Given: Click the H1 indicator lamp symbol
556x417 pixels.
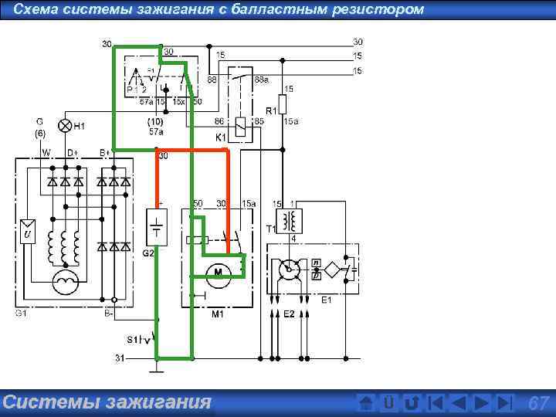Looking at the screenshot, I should [66, 125].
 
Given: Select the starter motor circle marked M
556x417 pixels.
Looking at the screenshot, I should [218, 270].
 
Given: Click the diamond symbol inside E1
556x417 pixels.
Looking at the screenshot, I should [331, 270].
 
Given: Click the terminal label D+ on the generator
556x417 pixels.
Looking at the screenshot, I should [71, 153].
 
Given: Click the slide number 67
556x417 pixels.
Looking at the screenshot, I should [537, 403].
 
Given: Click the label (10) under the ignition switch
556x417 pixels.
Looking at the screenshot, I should [154, 122].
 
